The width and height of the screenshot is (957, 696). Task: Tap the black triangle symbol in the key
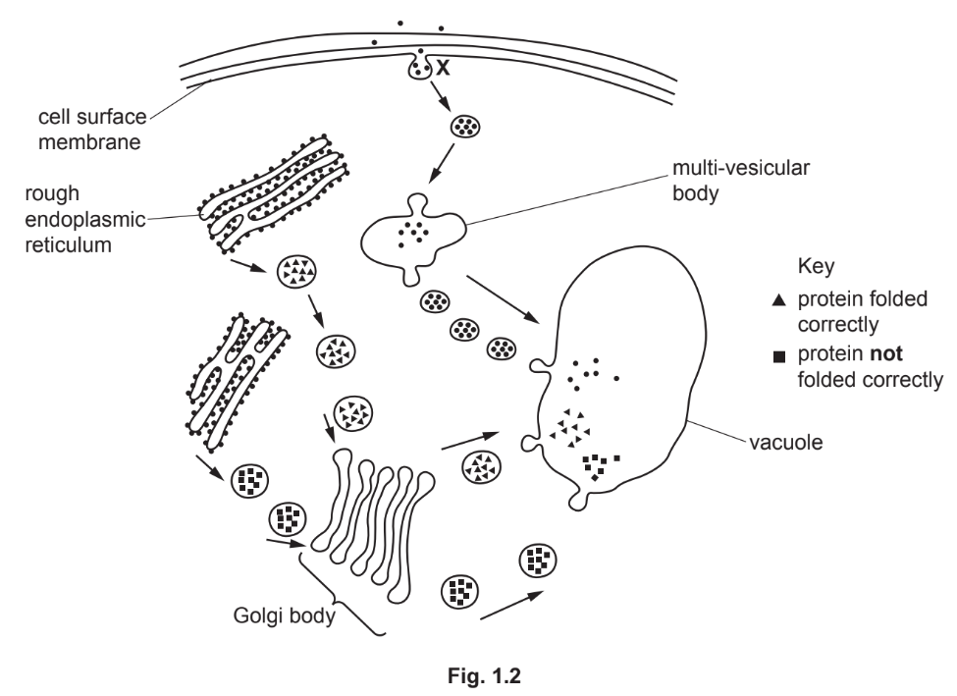(x=778, y=300)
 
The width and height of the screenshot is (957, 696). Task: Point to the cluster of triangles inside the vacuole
(x=571, y=426)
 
